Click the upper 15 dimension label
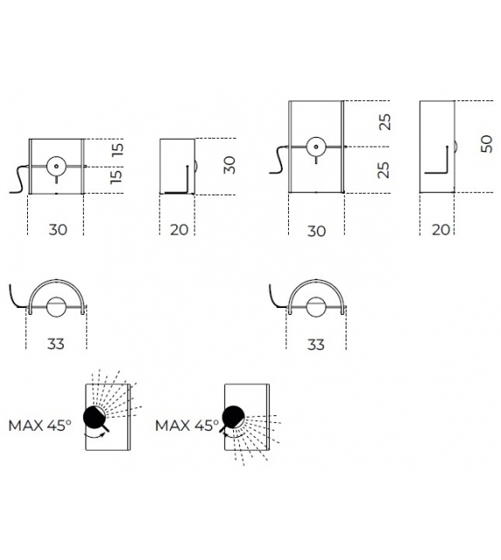pyautogui.click(x=118, y=149)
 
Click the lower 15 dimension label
pyautogui.click(x=116, y=177)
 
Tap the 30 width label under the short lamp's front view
pyautogui.click(x=58, y=229)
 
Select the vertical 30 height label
pyautogui.click(x=230, y=165)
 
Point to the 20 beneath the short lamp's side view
pyautogui.click(x=179, y=229)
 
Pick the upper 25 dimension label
pyautogui.click(x=385, y=122)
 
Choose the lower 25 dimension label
pyautogui.click(x=383, y=170)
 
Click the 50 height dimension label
pyautogui.click(x=486, y=144)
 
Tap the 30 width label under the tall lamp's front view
pyautogui.click(x=317, y=231)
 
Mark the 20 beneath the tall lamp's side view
pyautogui.click(x=441, y=229)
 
